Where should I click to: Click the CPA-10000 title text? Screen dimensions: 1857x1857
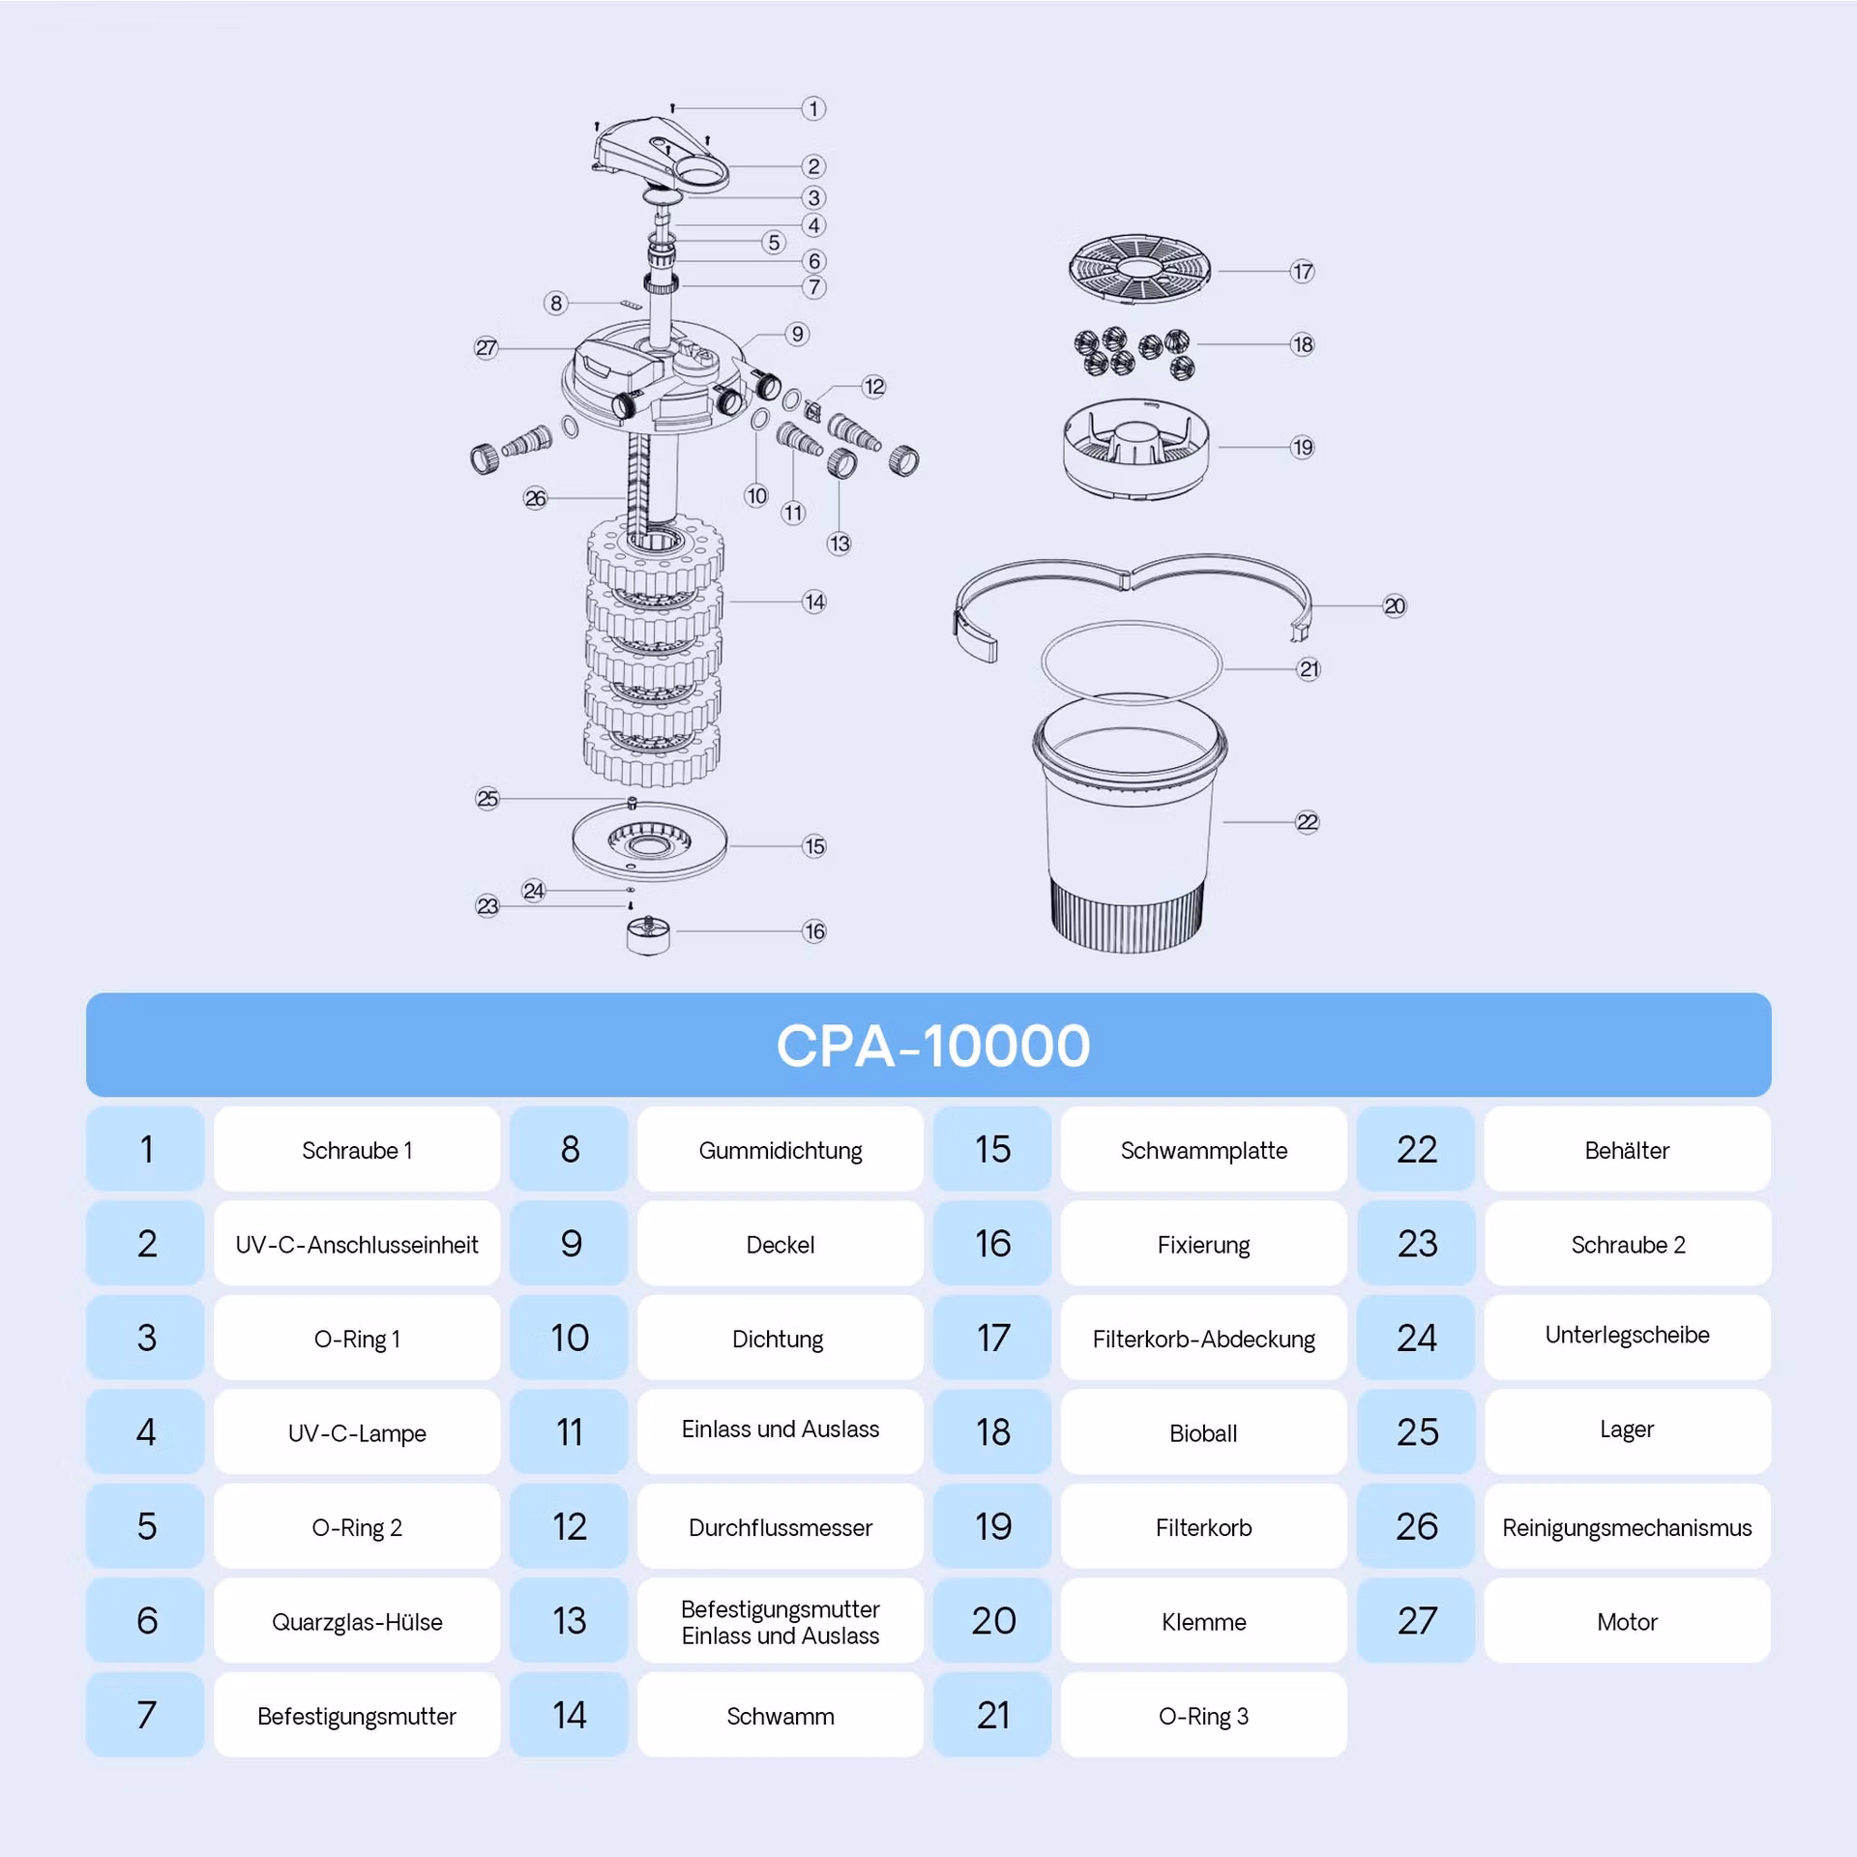933,1046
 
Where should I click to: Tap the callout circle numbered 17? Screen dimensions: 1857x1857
1302,272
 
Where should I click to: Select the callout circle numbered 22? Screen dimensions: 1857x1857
1307,822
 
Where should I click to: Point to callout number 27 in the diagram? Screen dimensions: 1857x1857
486,348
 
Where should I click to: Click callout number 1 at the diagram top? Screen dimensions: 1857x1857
813,108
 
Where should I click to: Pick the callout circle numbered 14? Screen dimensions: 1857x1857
814,602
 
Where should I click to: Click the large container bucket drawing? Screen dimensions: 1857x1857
1129,822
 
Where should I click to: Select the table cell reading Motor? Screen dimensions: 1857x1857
1628,1622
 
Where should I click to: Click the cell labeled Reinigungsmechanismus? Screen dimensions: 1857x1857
1628,1527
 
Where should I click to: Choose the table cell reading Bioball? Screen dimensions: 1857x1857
1204,1432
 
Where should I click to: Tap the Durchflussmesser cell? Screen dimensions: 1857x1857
781,1527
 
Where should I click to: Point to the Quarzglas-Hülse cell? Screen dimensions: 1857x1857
357,1622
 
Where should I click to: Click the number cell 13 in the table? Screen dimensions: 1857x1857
570,1622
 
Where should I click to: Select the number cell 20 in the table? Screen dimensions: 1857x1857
993,1622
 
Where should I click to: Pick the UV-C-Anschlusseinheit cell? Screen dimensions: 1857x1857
357,1244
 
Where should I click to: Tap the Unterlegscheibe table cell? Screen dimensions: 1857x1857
1628,1338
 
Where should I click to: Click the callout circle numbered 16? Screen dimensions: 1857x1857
814,931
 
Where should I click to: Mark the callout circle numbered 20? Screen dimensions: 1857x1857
1394,606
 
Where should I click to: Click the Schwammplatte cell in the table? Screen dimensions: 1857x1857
1204,1149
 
